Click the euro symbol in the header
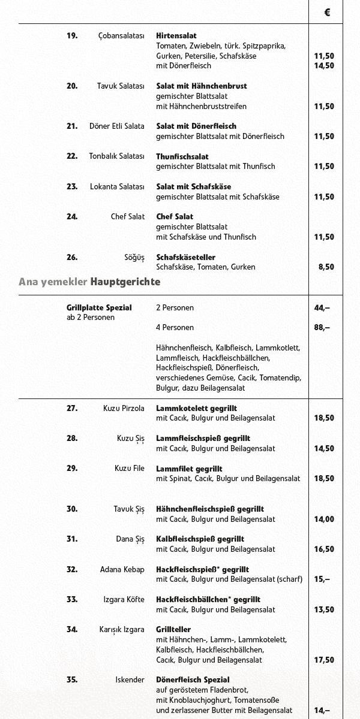point(327,12)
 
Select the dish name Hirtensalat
point(176,36)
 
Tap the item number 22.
point(72,156)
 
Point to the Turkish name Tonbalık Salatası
point(117,156)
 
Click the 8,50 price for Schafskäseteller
point(326,267)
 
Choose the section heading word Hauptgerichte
point(125,281)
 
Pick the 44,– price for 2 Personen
point(322,308)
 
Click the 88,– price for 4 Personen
point(322,328)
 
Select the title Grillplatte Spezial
point(99,308)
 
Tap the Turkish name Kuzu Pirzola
point(124,409)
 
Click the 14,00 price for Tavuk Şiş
point(324,519)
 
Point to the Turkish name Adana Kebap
point(122,569)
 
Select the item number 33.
point(72,599)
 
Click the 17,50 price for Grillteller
point(324,660)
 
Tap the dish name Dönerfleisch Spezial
point(193,680)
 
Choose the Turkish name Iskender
point(130,680)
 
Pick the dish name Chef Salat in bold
point(175,217)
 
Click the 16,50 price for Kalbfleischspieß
point(324,549)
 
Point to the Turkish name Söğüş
point(134,258)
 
